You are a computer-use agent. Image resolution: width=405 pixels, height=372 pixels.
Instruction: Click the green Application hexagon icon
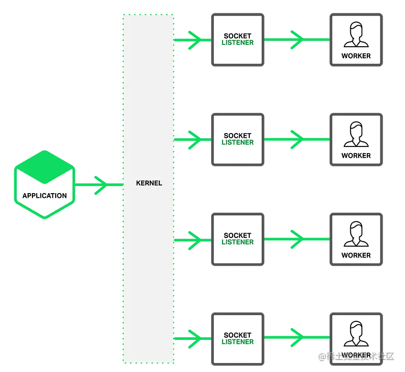tap(44, 184)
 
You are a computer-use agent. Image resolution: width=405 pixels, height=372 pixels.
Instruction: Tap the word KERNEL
tap(149, 183)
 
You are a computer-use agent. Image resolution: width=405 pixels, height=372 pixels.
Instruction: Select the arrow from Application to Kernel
tap(99, 185)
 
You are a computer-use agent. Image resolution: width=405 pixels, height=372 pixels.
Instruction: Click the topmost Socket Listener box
tap(238, 40)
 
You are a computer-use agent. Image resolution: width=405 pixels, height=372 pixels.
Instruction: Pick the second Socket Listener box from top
tap(238, 139)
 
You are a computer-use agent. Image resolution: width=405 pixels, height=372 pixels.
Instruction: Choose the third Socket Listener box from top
tap(238, 238)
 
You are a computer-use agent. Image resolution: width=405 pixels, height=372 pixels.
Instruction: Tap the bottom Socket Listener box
tap(238, 338)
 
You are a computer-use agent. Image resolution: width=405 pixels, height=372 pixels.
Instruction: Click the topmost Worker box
tap(356, 40)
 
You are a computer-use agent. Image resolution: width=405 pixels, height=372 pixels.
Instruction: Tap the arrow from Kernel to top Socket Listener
tap(193, 40)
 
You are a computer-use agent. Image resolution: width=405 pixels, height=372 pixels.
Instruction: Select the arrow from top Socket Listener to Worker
tap(296, 40)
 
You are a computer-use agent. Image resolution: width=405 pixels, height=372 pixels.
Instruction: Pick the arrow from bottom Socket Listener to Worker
tap(296, 338)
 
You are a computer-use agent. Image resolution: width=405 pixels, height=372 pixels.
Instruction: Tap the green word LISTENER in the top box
tap(238, 43)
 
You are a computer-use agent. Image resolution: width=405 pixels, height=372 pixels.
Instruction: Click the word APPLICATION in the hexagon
tap(44, 196)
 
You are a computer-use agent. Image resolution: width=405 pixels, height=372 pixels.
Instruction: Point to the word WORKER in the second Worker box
tap(356, 155)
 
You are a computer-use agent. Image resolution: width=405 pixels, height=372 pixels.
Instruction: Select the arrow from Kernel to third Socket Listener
tap(193, 240)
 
